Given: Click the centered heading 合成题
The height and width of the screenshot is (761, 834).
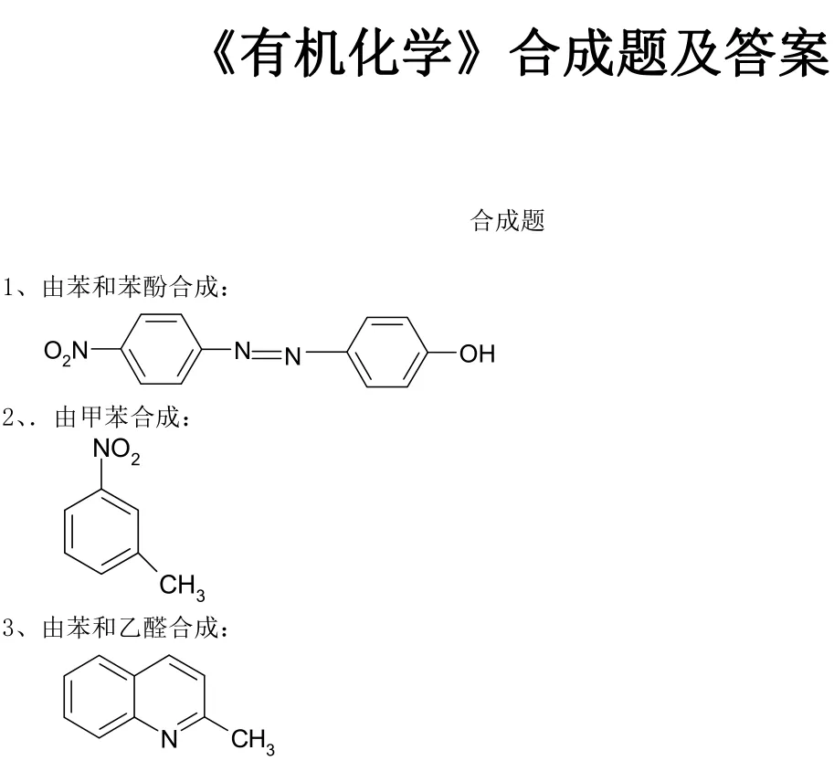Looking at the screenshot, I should [x=507, y=221].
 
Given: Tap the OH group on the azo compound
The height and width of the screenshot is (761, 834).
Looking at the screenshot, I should [x=476, y=353].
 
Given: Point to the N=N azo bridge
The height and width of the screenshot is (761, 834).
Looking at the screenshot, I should [x=267, y=352].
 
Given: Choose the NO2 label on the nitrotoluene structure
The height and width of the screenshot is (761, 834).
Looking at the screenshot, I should [x=116, y=451].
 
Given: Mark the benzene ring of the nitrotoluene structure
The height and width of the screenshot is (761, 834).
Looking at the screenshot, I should [x=100, y=530].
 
